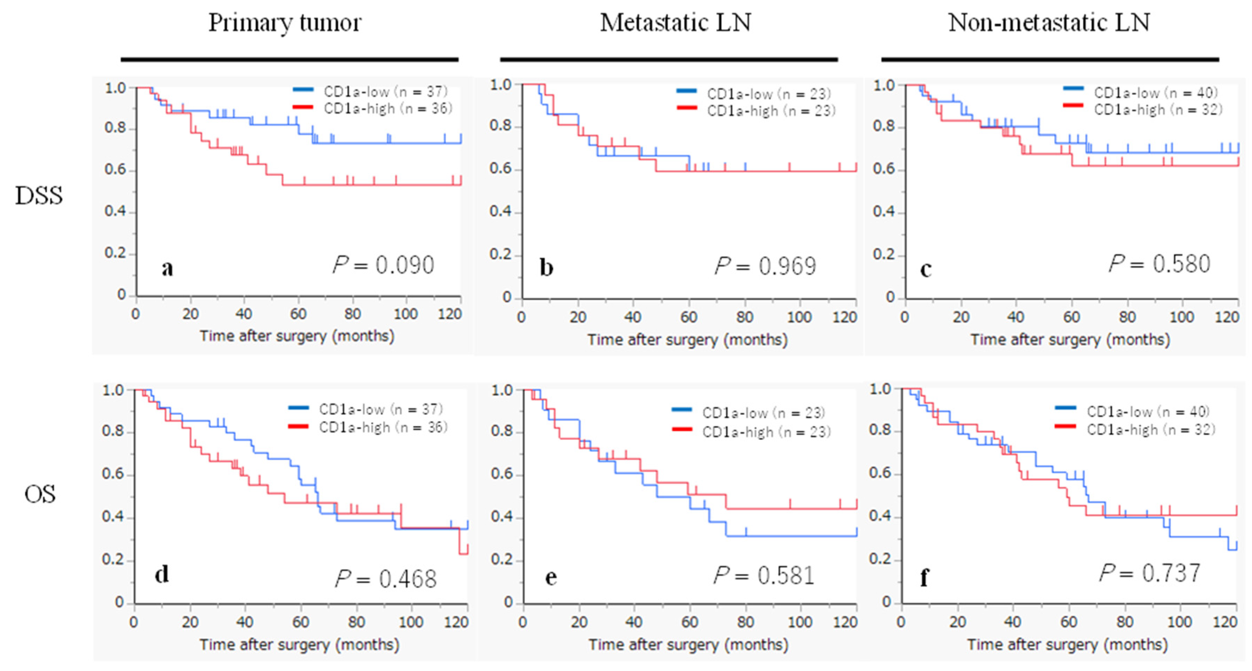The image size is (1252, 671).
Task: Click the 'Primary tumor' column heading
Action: (285, 23)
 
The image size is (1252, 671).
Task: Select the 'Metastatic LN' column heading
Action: (675, 23)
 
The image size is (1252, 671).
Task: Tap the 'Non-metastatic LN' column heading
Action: (1049, 23)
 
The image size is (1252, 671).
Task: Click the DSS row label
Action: (39, 196)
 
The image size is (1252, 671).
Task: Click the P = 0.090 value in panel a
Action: (383, 265)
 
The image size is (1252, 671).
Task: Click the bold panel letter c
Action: (926, 269)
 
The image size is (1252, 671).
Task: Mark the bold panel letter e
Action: (551, 577)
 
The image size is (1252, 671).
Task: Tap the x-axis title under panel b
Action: (687, 340)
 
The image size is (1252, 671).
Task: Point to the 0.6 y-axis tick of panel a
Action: (115, 170)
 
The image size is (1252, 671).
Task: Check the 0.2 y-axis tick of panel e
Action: (502, 559)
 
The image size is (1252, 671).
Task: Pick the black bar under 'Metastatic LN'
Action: (669, 59)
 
